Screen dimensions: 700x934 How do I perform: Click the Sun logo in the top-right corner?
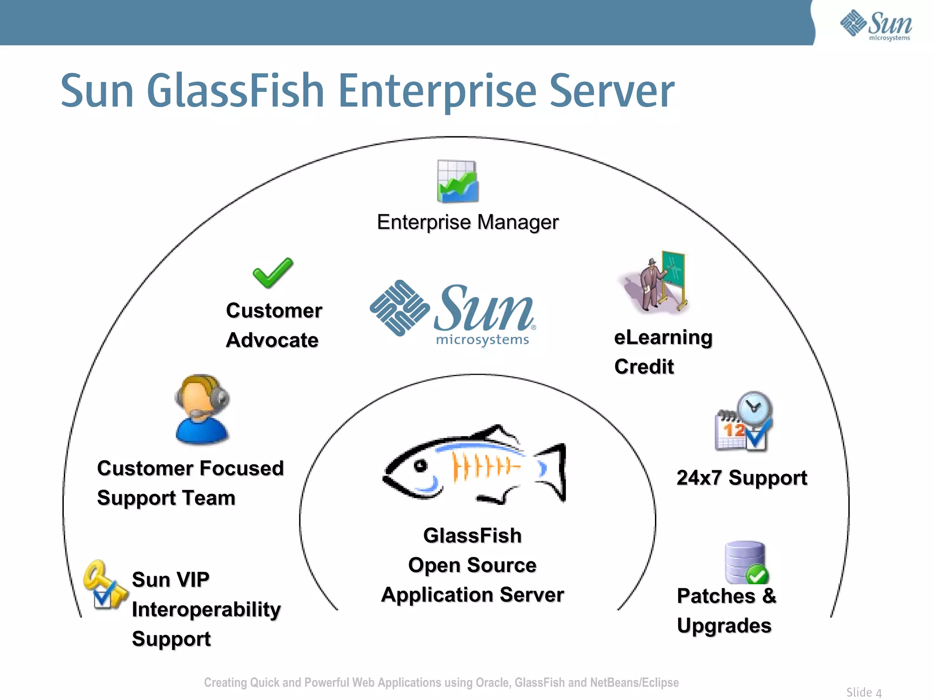click(x=876, y=25)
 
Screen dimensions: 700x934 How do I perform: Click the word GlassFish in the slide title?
click(x=235, y=91)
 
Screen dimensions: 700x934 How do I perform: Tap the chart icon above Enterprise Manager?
click(x=457, y=181)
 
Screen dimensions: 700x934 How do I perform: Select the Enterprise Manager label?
click(x=467, y=222)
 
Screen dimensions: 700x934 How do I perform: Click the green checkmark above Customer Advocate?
click(x=273, y=273)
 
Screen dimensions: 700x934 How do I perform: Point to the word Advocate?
click(x=272, y=340)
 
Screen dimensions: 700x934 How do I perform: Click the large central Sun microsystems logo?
click(x=453, y=313)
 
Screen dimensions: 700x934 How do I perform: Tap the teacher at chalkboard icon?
click(x=657, y=283)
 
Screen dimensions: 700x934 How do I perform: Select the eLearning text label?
click(x=663, y=338)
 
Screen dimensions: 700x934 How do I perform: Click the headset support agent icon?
click(x=202, y=409)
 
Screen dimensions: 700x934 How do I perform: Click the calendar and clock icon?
click(x=744, y=422)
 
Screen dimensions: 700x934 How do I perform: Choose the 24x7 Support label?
click(x=742, y=478)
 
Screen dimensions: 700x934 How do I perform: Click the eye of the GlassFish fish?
click(x=420, y=466)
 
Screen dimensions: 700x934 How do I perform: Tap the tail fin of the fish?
click(x=553, y=472)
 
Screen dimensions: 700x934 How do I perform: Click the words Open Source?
click(x=472, y=566)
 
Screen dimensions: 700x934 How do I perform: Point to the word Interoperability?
click(x=206, y=609)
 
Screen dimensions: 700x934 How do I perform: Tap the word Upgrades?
click(x=724, y=626)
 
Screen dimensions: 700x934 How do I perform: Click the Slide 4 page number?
click(x=864, y=692)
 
